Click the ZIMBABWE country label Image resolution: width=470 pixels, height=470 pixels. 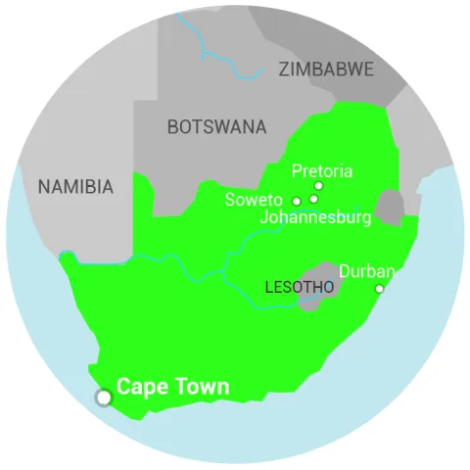(326, 70)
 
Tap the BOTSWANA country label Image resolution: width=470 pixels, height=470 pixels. (216, 126)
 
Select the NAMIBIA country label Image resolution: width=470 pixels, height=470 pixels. (75, 186)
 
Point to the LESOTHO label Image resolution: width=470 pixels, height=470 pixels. (300, 287)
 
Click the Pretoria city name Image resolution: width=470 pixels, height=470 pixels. (322, 171)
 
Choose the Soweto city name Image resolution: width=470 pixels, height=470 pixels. (254, 201)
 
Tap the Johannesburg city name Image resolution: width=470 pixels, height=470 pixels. (315, 217)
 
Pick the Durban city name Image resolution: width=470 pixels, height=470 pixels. (367, 271)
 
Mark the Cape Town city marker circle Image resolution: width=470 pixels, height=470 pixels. (103, 397)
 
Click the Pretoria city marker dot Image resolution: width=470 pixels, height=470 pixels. (318, 185)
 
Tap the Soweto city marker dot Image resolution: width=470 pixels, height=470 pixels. (297, 201)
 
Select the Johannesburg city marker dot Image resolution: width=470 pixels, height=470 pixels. (313, 199)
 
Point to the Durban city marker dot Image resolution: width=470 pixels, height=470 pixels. (379, 289)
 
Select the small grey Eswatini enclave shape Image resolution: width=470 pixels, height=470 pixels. (390, 208)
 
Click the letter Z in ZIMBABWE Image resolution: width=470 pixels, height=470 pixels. (284, 70)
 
